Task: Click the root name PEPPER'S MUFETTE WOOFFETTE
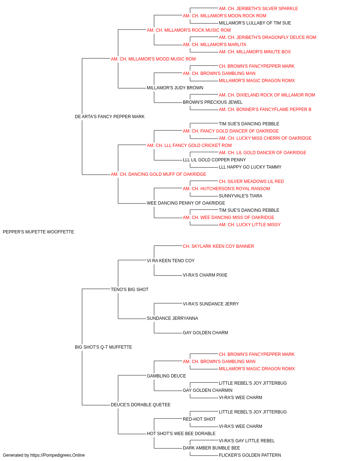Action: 39,232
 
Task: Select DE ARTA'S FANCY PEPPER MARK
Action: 109,117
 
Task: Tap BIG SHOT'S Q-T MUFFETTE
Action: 103,347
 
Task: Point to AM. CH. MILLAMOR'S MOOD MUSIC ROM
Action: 153,59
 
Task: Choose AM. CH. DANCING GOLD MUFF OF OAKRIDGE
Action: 158,174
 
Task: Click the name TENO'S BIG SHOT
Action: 130,290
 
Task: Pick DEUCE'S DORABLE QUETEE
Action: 140,405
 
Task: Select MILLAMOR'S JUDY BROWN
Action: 175,88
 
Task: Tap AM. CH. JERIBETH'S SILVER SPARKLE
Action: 258,9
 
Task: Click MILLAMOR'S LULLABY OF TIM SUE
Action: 255,23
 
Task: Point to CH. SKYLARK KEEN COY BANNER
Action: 219,246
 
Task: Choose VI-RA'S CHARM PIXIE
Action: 205,275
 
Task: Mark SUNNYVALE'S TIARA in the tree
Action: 240,196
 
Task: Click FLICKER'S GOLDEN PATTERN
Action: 250,455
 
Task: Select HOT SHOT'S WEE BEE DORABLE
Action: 181,434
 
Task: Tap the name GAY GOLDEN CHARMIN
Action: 208,390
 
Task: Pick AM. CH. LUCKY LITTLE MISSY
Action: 249,225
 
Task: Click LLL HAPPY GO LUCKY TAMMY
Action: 250,167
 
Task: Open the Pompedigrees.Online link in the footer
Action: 57,455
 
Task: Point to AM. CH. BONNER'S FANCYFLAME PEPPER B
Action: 265,109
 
